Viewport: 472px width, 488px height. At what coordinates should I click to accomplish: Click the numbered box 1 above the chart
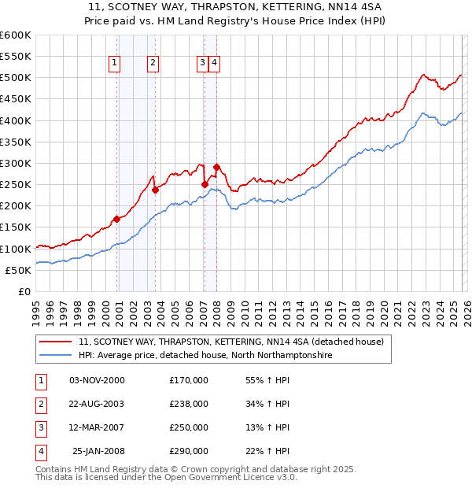coord(114,64)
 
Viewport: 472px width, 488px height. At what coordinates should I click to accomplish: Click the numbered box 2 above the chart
coord(153,64)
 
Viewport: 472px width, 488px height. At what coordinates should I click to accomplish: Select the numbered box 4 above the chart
coord(214,64)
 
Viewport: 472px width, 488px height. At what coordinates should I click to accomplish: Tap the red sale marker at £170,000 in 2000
coord(116,219)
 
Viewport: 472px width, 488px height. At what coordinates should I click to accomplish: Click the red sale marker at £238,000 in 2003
coord(156,190)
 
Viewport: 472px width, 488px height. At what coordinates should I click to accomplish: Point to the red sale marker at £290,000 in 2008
coord(216,167)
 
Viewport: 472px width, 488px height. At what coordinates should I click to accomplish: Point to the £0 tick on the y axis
coord(24,292)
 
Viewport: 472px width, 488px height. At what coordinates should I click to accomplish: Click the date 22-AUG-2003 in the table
coord(97,404)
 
